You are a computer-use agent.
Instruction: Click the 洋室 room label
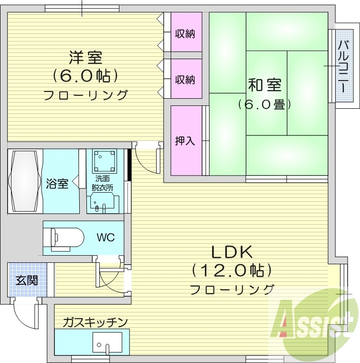click(x=85, y=57)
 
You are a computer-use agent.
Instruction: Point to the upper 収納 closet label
click(x=185, y=34)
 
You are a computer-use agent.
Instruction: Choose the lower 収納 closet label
click(x=185, y=79)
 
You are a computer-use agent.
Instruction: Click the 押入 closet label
click(x=185, y=141)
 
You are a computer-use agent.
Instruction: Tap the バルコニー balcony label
click(x=342, y=66)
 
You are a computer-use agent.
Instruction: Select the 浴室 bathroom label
click(x=58, y=183)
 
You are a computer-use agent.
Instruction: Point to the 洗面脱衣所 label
click(x=102, y=183)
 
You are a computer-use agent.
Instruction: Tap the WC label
click(x=106, y=237)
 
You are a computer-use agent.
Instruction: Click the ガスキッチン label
click(x=95, y=322)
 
